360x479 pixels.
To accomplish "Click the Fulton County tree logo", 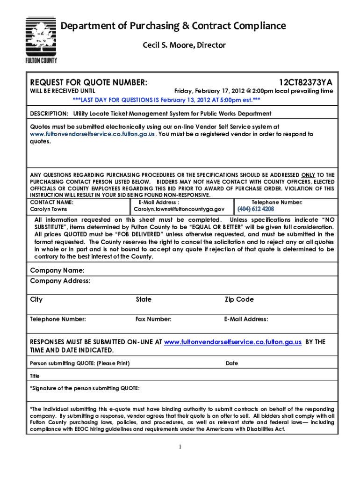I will pyautogui.click(x=42, y=42).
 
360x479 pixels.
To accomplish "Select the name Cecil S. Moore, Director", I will pyautogui.click(x=184, y=45).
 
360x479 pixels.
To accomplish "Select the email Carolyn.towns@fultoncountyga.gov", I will pyautogui.click(x=179, y=209).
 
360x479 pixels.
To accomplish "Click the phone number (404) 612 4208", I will pyautogui.click(x=256, y=209).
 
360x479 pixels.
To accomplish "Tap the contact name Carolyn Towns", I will pyautogui.click(x=49, y=209).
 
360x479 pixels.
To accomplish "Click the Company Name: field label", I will pyautogui.click(x=57, y=270).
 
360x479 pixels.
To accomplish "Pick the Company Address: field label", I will pyautogui.click(x=60, y=281).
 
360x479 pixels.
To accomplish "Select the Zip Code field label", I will pyautogui.click(x=239, y=299).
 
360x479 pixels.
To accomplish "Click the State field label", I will pyautogui.click(x=144, y=299).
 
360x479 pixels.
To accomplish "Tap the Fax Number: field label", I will pyautogui.click(x=153, y=319).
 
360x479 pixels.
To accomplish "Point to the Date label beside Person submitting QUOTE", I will pyautogui.click(x=232, y=363).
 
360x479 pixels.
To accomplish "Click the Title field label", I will pyautogui.click(x=35, y=376).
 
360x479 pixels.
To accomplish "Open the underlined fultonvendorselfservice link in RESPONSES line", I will pyautogui.click(x=233, y=342).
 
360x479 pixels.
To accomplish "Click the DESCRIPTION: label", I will pyautogui.click(x=49, y=114).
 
